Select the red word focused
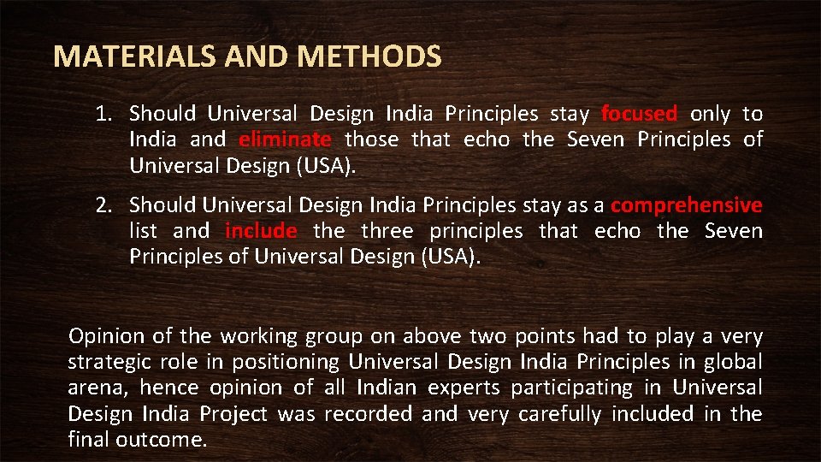639,113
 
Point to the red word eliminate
285,139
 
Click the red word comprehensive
687,205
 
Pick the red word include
261,231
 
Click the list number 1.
102,113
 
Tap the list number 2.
102,205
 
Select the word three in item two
387,231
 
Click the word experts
464,388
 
